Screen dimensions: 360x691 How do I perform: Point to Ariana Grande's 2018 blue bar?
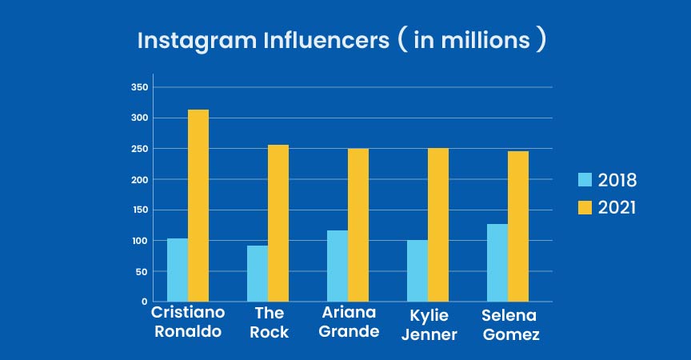point(337,266)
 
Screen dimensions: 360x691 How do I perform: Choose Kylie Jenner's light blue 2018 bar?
point(417,270)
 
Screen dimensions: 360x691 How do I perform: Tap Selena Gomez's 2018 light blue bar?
point(497,262)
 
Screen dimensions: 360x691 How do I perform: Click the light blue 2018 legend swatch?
point(584,179)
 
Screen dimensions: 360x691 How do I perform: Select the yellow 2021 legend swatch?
point(584,207)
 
